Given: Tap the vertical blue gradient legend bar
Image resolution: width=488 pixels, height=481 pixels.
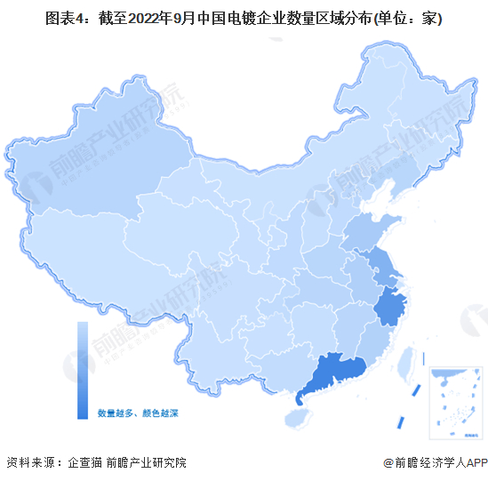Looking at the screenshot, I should point(82,370).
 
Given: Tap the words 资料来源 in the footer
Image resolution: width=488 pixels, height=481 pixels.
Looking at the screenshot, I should point(28,462).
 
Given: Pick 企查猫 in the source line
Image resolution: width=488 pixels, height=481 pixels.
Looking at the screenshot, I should point(83,462).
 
